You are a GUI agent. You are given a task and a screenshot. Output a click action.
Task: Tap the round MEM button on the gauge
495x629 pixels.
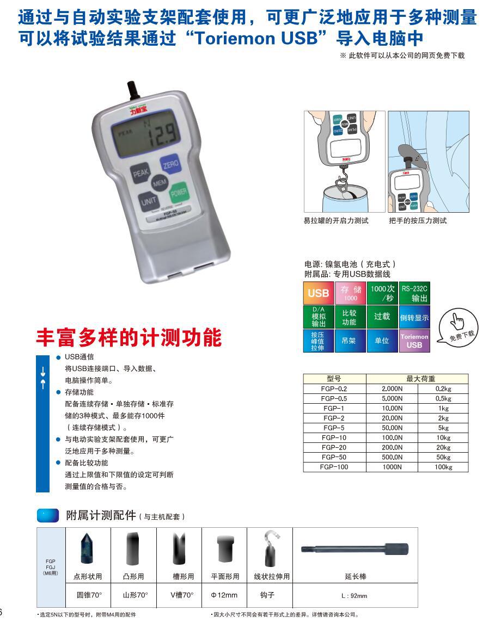pyautogui.click(x=159, y=183)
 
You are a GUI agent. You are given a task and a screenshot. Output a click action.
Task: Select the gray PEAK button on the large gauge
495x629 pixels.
pyautogui.click(x=141, y=174)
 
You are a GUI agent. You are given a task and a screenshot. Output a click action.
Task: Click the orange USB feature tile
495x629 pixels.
pyautogui.click(x=318, y=293)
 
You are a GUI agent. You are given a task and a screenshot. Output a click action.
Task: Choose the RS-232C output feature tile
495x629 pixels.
pyautogui.click(x=414, y=293)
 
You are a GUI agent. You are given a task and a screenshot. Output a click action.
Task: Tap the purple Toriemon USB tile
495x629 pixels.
pyautogui.click(x=414, y=341)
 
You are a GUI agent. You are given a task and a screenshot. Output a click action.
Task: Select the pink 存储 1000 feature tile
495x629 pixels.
pyautogui.click(x=350, y=293)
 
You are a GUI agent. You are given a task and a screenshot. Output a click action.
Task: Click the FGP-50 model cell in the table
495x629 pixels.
pyautogui.click(x=334, y=457)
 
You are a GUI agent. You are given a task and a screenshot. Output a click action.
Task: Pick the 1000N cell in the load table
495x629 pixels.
pyautogui.click(x=392, y=467)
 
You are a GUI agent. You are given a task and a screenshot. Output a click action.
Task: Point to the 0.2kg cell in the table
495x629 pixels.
pyautogui.click(x=443, y=388)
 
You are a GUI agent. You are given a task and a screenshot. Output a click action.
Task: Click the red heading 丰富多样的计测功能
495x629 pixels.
pyautogui.click(x=129, y=337)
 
